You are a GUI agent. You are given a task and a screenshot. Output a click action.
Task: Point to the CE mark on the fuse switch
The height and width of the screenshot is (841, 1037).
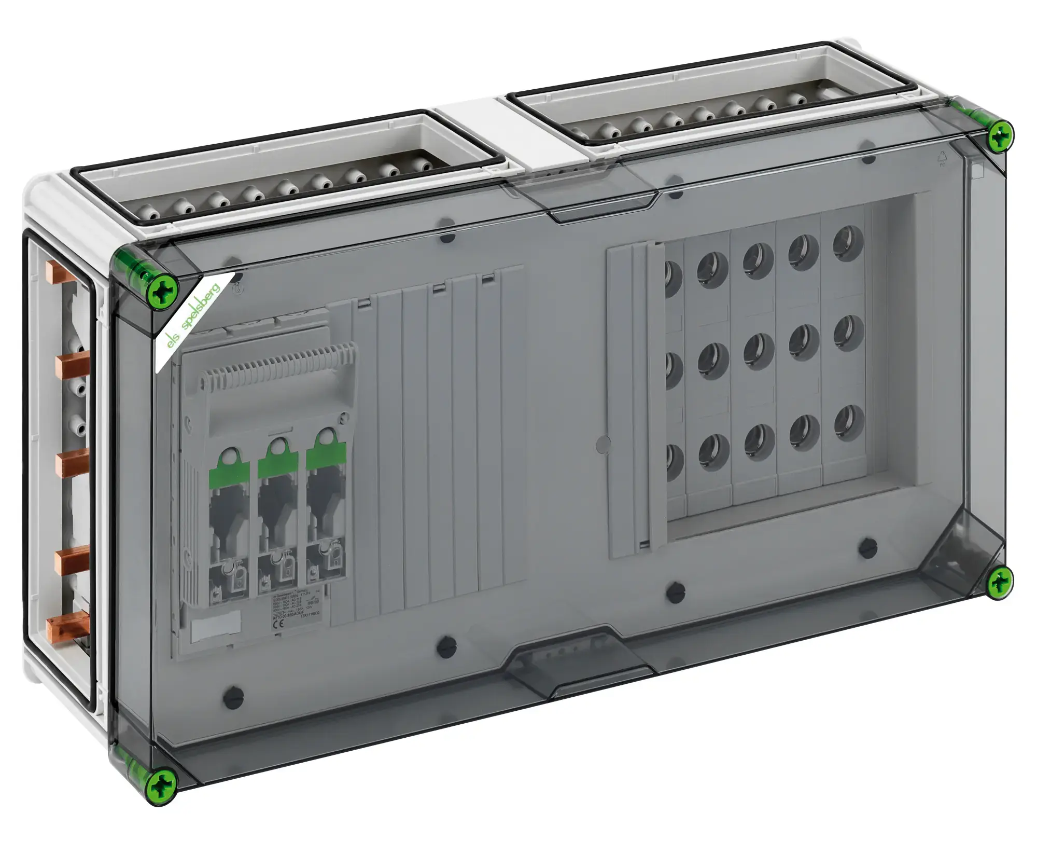[x=276, y=624]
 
